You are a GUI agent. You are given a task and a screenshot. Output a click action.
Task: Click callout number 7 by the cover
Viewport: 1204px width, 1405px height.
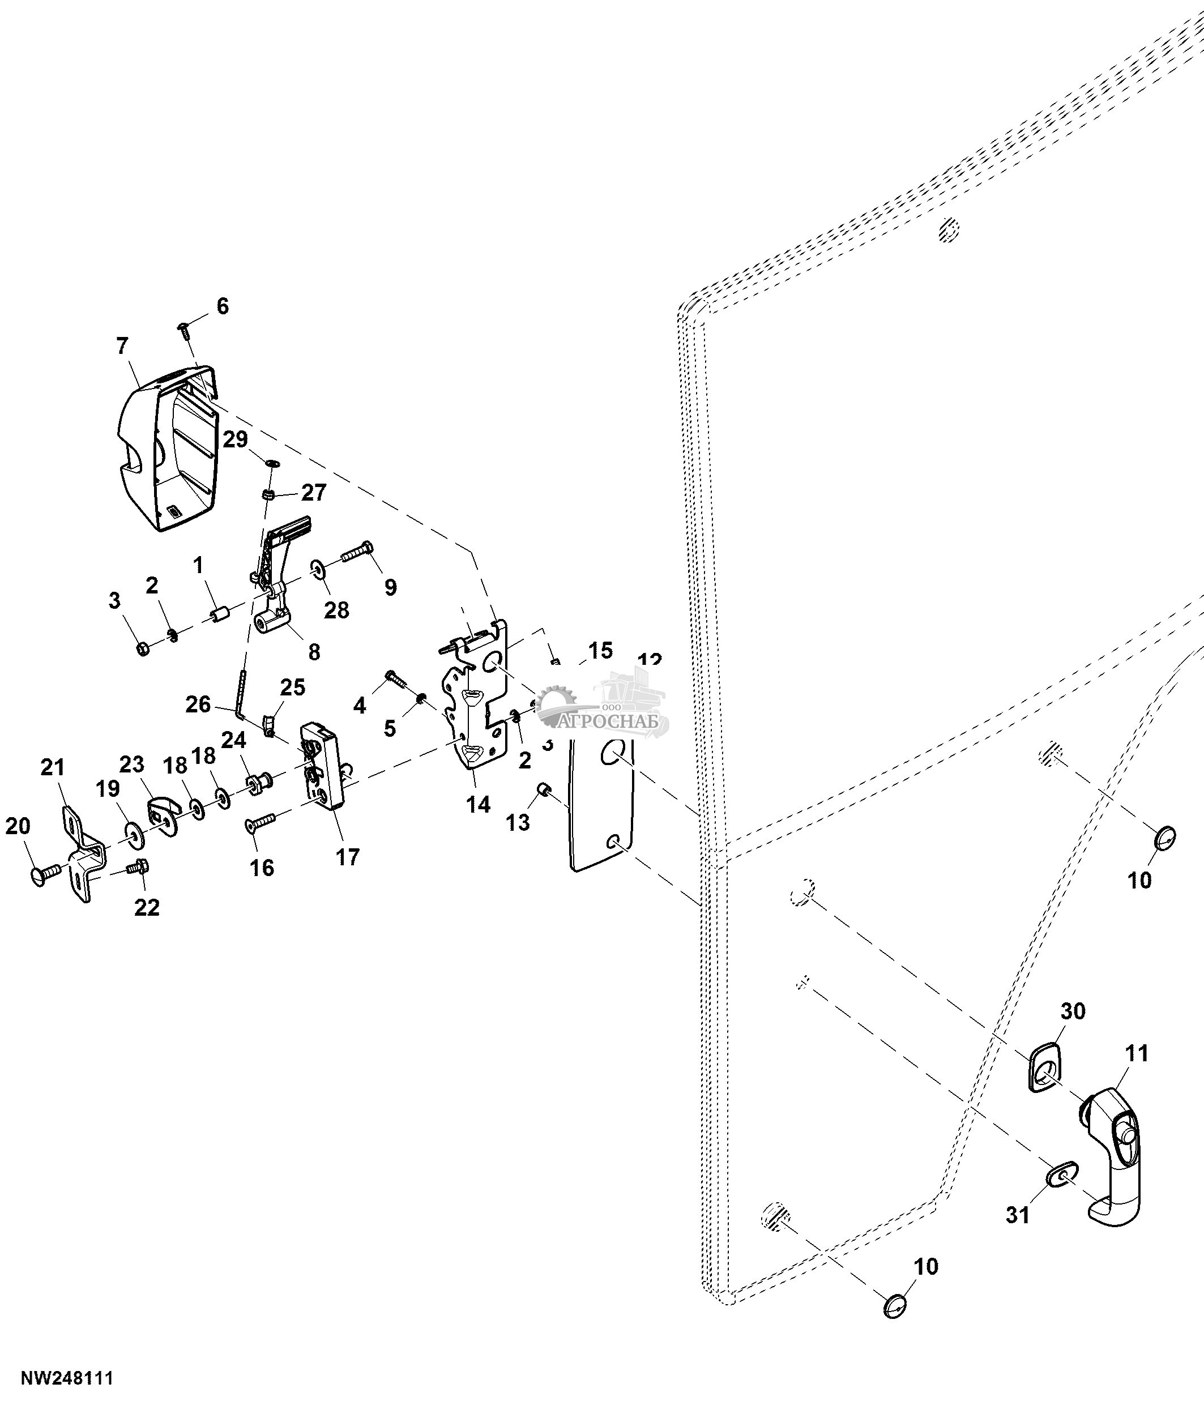click(x=121, y=347)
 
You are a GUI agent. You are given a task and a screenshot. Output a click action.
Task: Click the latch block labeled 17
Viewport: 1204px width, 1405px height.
click(x=323, y=766)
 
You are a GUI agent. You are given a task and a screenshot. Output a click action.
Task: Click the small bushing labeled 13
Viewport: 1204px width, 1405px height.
click(x=543, y=789)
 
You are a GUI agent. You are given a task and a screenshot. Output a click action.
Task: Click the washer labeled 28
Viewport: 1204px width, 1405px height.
click(x=317, y=566)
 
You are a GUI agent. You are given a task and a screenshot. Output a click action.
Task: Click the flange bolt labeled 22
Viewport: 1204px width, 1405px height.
click(x=141, y=866)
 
